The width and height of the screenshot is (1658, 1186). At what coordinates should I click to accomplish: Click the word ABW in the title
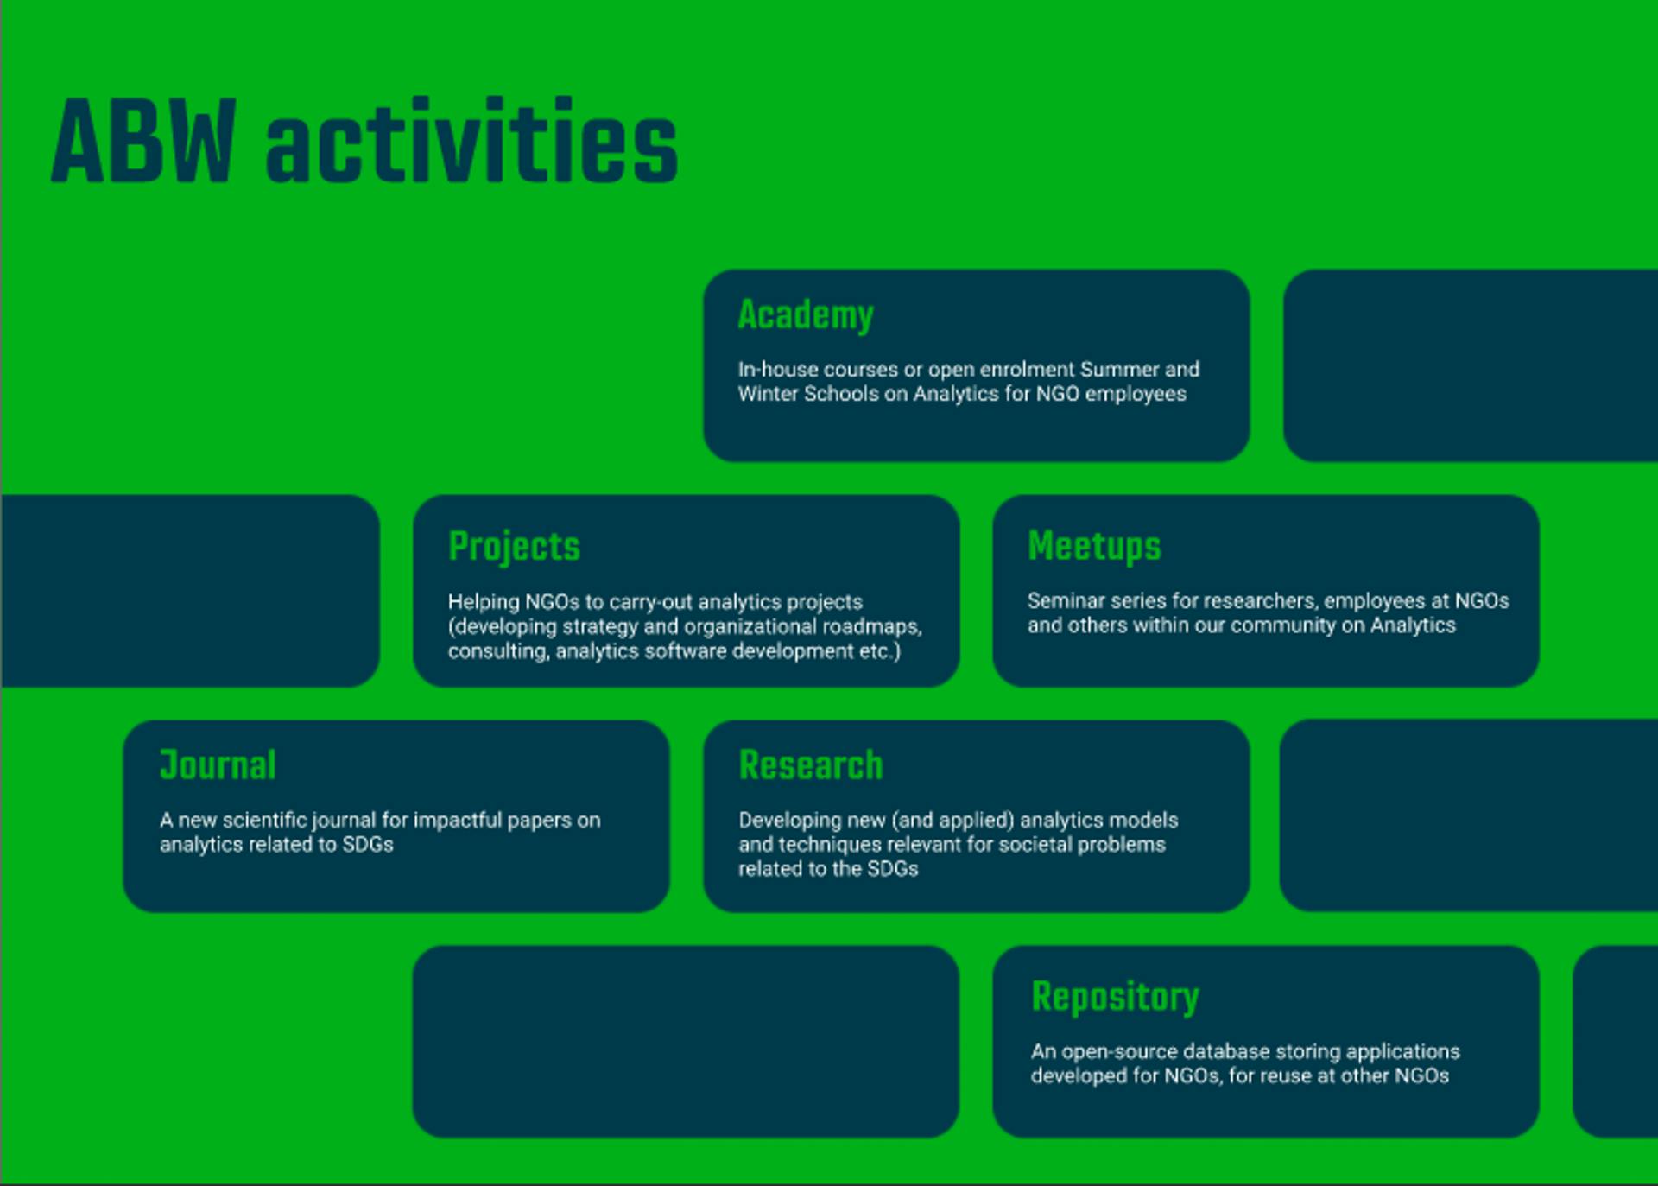[143, 141]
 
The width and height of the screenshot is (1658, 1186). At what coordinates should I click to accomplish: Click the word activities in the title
[471, 141]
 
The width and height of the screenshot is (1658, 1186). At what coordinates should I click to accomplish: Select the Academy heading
[806, 315]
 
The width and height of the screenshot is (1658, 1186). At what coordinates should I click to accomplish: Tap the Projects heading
[514, 546]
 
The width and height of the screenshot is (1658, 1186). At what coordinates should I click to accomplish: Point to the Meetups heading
[1094, 546]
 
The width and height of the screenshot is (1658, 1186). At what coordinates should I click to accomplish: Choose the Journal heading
[218, 765]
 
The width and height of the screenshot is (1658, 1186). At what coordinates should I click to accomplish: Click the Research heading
[811, 765]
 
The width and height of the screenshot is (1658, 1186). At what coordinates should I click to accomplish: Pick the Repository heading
[1115, 998]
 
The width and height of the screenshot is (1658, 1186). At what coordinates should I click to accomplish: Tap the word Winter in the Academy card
[768, 394]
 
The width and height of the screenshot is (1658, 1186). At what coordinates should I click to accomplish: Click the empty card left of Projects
[190, 591]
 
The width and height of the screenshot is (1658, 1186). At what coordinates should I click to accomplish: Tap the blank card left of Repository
[686, 1042]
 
